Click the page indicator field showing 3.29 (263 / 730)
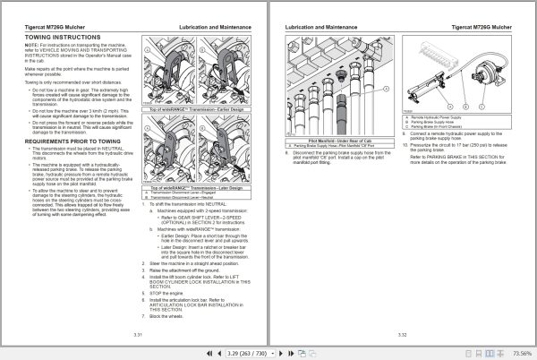243,354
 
